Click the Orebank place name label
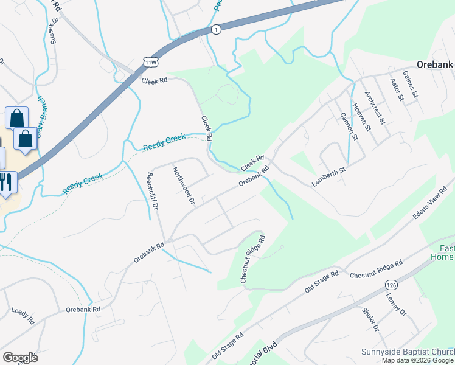(436, 64)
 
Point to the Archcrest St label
(375, 107)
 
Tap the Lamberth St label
(329, 170)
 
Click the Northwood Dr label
(183, 185)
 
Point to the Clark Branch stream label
(38, 116)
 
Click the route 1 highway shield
(215, 29)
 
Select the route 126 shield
(391, 284)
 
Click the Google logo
(20, 358)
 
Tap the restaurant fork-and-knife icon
(7, 182)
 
